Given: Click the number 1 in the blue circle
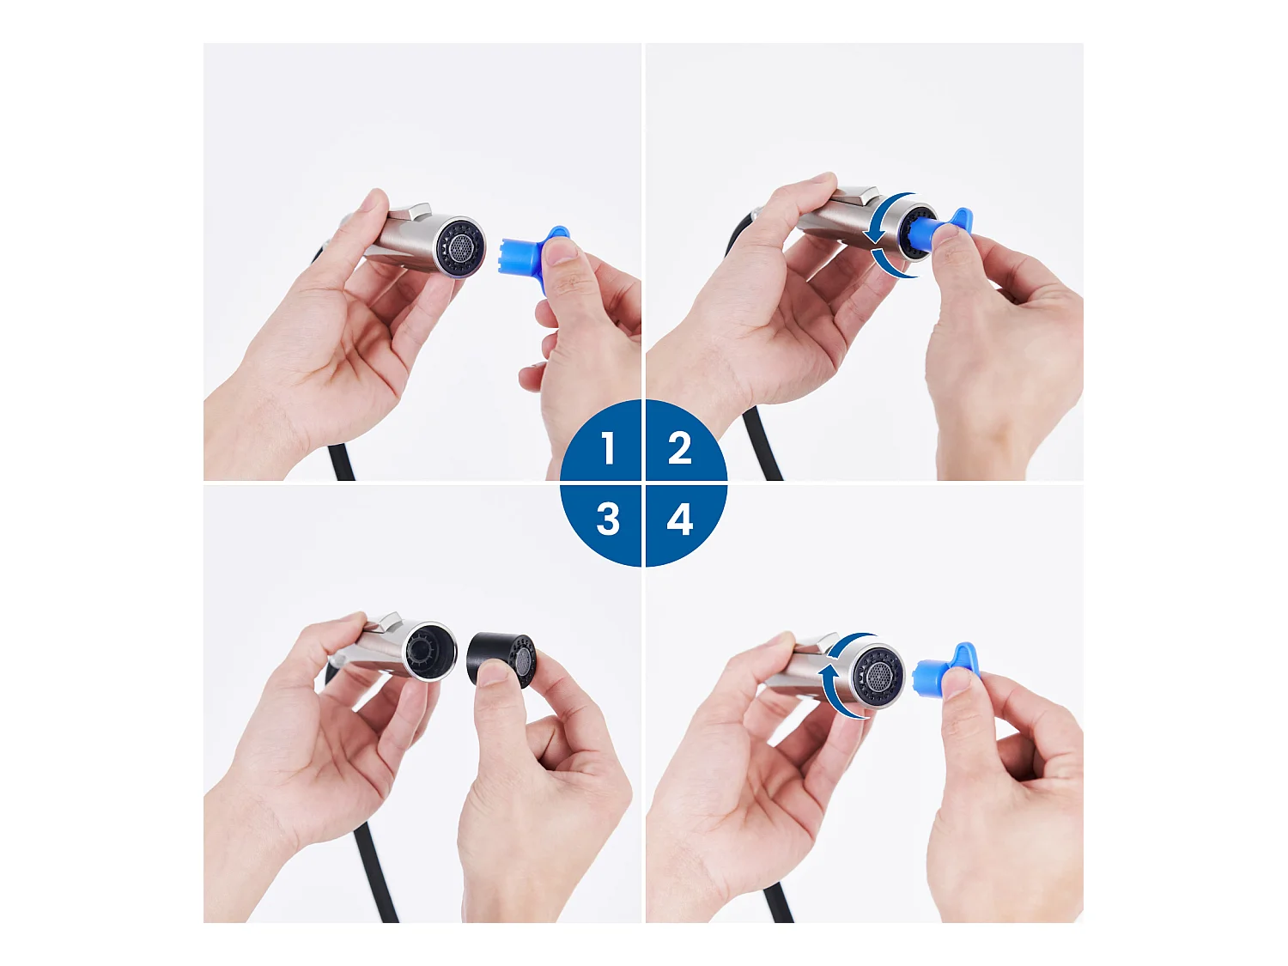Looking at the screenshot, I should (x=608, y=448).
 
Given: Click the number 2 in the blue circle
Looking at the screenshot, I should (x=679, y=448).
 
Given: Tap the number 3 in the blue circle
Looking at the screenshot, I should (x=608, y=519).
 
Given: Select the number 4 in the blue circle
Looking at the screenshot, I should (x=679, y=519).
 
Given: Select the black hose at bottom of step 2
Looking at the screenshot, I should (x=764, y=447).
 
